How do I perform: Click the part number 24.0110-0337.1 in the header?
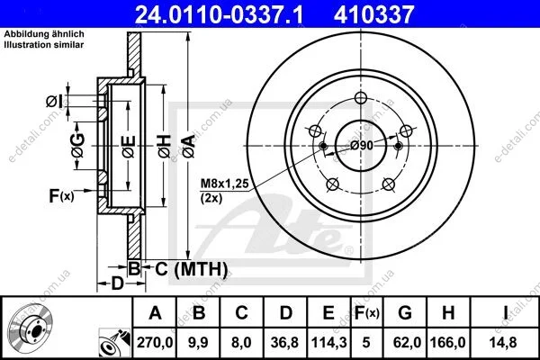(x=219, y=14)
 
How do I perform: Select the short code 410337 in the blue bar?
(x=373, y=14)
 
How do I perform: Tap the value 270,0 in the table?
(x=155, y=342)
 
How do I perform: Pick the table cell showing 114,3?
(x=328, y=342)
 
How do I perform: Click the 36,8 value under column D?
(x=284, y=342)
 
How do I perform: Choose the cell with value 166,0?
(x=448, y=342)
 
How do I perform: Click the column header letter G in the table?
(x=405, y=313)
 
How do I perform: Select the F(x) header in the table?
(x=366, y=313)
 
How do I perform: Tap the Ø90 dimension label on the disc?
(x=362, y=146)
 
